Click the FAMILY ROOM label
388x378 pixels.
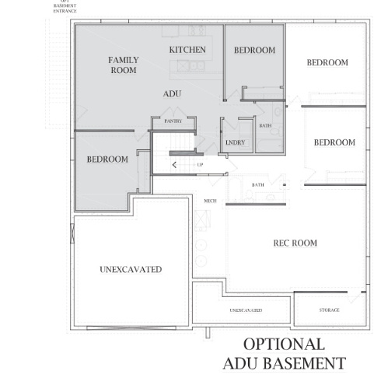tap(123, 65)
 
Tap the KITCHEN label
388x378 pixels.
tap(187, 50)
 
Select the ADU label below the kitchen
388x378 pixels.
tap(172, 93)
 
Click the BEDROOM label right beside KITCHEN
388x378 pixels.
tap(254, 51)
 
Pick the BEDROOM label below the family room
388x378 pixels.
tap(107, 159)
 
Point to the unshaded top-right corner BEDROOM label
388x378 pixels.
tap(327, 63)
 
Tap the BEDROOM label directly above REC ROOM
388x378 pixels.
tap(334, 142)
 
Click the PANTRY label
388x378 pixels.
tap(173, 122)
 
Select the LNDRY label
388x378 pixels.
tap(235, 143)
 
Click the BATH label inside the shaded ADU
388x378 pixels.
tap(265, 126)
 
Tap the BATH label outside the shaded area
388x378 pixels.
tap(258, 184)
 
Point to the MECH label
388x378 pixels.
tap(209, 201)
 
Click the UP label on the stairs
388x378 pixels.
tap(200, 165)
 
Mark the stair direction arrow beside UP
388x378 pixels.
tap(174, 165)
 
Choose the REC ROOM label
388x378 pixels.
tap(295, 243)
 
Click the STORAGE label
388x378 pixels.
tap(329, 310)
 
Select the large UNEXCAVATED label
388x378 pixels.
tap(131, 270)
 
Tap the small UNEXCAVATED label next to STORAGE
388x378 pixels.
tap(246, 310)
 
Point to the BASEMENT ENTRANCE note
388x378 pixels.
tap(65, 8)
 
